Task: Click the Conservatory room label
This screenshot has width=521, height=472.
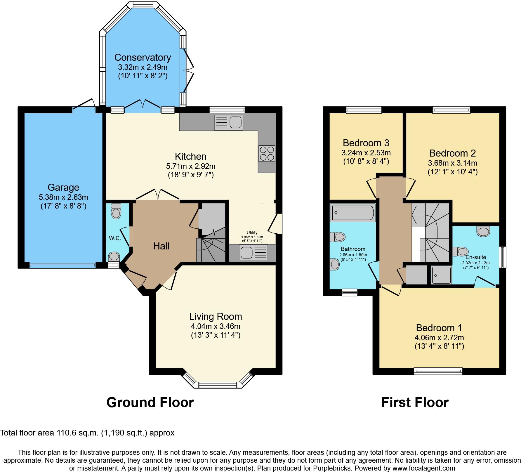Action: point(143,57)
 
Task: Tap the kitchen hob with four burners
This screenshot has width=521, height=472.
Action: point(267,153)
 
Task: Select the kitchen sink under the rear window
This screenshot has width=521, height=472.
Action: point(228,122)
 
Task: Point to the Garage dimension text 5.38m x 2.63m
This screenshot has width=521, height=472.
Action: point(63,197)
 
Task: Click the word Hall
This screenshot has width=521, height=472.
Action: point(161,246)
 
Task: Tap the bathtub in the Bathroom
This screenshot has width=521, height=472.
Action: point(352,213)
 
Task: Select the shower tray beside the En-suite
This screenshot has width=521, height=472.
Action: point(441,275)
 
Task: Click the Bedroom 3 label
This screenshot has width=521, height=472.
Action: point(366,143)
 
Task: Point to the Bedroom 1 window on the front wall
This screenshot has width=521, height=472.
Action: point(438,371)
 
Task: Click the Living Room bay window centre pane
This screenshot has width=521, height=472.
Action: point(217,385)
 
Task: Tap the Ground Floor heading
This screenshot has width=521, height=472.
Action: point(150,402)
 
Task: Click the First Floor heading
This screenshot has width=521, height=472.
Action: point(415,402)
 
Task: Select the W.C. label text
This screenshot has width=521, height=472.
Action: point(115,238)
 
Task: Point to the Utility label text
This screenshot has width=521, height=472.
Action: point(252,232)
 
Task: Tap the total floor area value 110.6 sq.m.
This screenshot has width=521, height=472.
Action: point(78,433)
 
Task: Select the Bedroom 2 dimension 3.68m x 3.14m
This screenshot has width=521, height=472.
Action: point(452,163)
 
